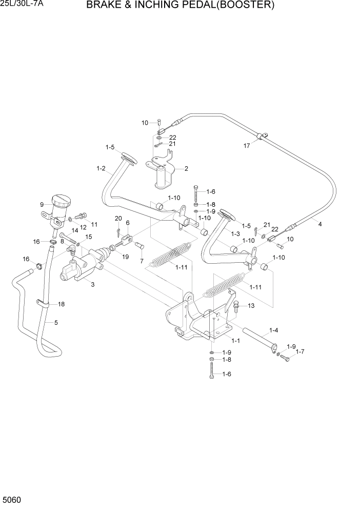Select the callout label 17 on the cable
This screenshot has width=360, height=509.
(x=247, y=145)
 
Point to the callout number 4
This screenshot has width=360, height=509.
(x=320, y=224)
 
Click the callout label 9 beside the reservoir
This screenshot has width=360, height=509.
(x=42, y=205)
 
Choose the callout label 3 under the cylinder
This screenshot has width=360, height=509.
(x=93, y=284)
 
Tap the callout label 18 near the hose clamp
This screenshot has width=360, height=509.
(x=61, y=304)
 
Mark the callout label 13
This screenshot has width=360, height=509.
(x=251, y=306)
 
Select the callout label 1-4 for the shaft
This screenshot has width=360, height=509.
(x=274, y=330)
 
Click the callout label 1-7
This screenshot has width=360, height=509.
(x=299, y=351)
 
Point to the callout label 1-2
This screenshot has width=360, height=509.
(x=101, y=168)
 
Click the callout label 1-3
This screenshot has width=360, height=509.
(x=235, y=233)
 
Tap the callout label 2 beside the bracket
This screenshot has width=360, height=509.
(x=186, y=168)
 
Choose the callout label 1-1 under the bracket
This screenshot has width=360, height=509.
(x=236, y=340)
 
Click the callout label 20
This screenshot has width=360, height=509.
(x=118, y=219)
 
